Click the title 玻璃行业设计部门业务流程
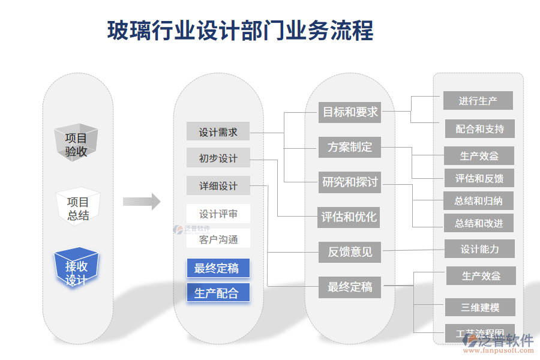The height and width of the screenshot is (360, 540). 240,31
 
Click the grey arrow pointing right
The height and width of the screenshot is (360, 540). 142,202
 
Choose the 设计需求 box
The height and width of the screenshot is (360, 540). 218,132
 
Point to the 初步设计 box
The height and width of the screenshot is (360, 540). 218,158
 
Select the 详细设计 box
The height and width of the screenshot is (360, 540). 218,186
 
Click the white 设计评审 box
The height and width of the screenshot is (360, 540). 218,214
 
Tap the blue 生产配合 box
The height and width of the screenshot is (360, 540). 218,293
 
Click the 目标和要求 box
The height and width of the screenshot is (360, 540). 350,112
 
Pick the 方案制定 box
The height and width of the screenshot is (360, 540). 350,147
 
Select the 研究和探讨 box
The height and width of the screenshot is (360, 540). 350,182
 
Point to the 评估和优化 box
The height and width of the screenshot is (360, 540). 349,217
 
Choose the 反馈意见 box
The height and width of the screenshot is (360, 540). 350,251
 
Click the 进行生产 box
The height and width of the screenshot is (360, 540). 478,101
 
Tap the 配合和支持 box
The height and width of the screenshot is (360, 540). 479,129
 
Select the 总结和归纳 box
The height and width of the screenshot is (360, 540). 479,201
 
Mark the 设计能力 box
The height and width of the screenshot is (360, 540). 479,248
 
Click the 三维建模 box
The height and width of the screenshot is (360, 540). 480,308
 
